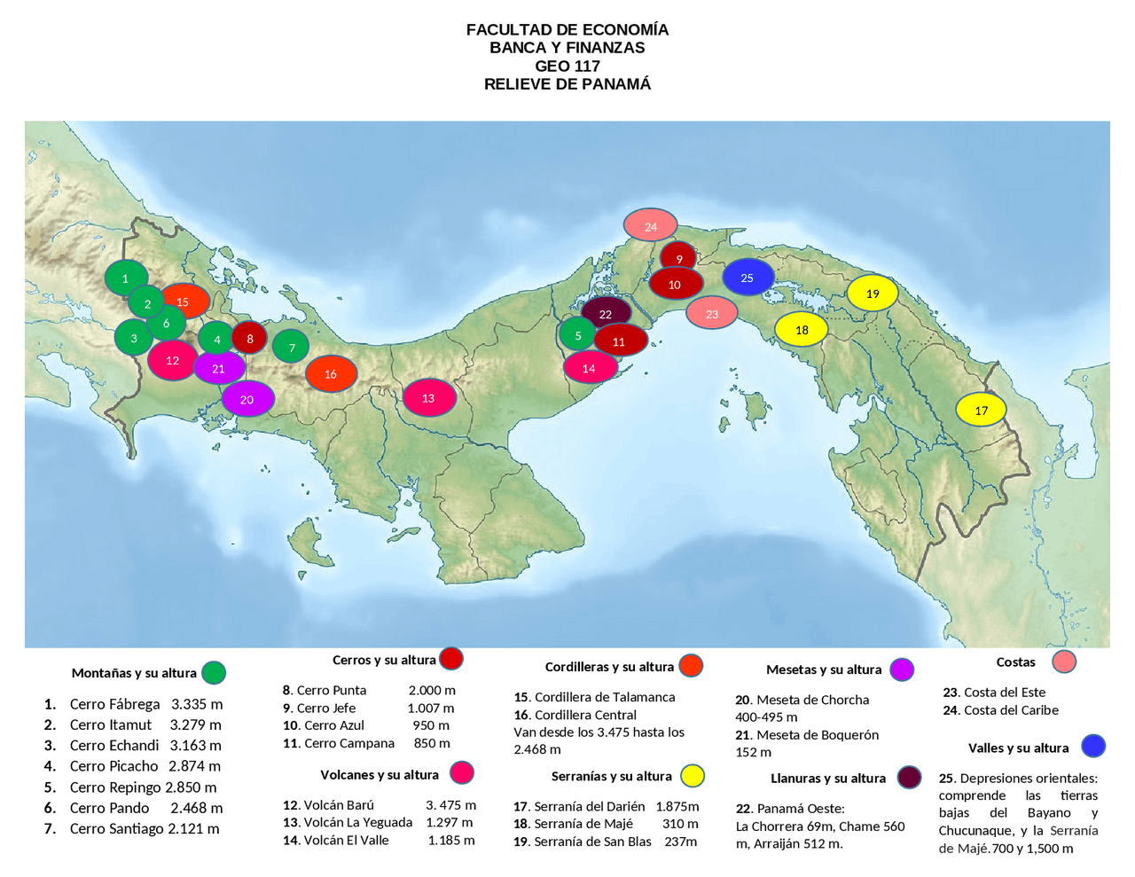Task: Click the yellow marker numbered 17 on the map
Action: [981, 410]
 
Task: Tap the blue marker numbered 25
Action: [748, 278]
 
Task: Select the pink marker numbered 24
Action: [650, 226]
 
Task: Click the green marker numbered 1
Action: [126, 278]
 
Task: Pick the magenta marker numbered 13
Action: [429, 398]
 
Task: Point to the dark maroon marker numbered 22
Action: [606, 313]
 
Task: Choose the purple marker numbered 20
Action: [247, 399]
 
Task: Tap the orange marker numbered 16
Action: [331, 374]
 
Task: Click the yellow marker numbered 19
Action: [873, 294]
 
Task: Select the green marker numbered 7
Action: [291, 348]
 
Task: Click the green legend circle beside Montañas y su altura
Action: [214, 673]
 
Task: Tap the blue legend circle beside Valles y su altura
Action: [1093, 746]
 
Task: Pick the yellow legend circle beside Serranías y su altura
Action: [693, 776]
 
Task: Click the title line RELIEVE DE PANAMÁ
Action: [567, 84]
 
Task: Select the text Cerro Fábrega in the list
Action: [115, 704]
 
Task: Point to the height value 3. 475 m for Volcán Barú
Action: [450, 805]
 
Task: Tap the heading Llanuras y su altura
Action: [828, 779]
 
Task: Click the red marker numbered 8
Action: [249, 338]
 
